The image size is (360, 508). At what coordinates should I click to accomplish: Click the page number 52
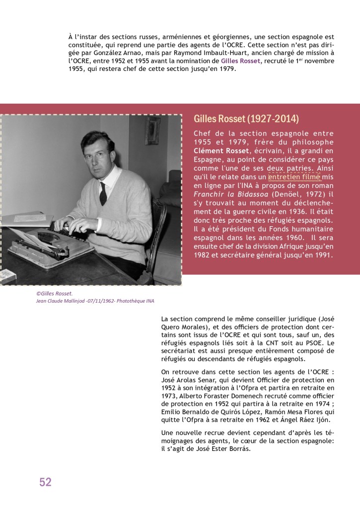pos(45,482)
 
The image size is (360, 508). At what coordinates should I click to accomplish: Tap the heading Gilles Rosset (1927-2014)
pos(246,119)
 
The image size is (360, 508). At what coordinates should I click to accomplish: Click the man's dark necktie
pos(103,192)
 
